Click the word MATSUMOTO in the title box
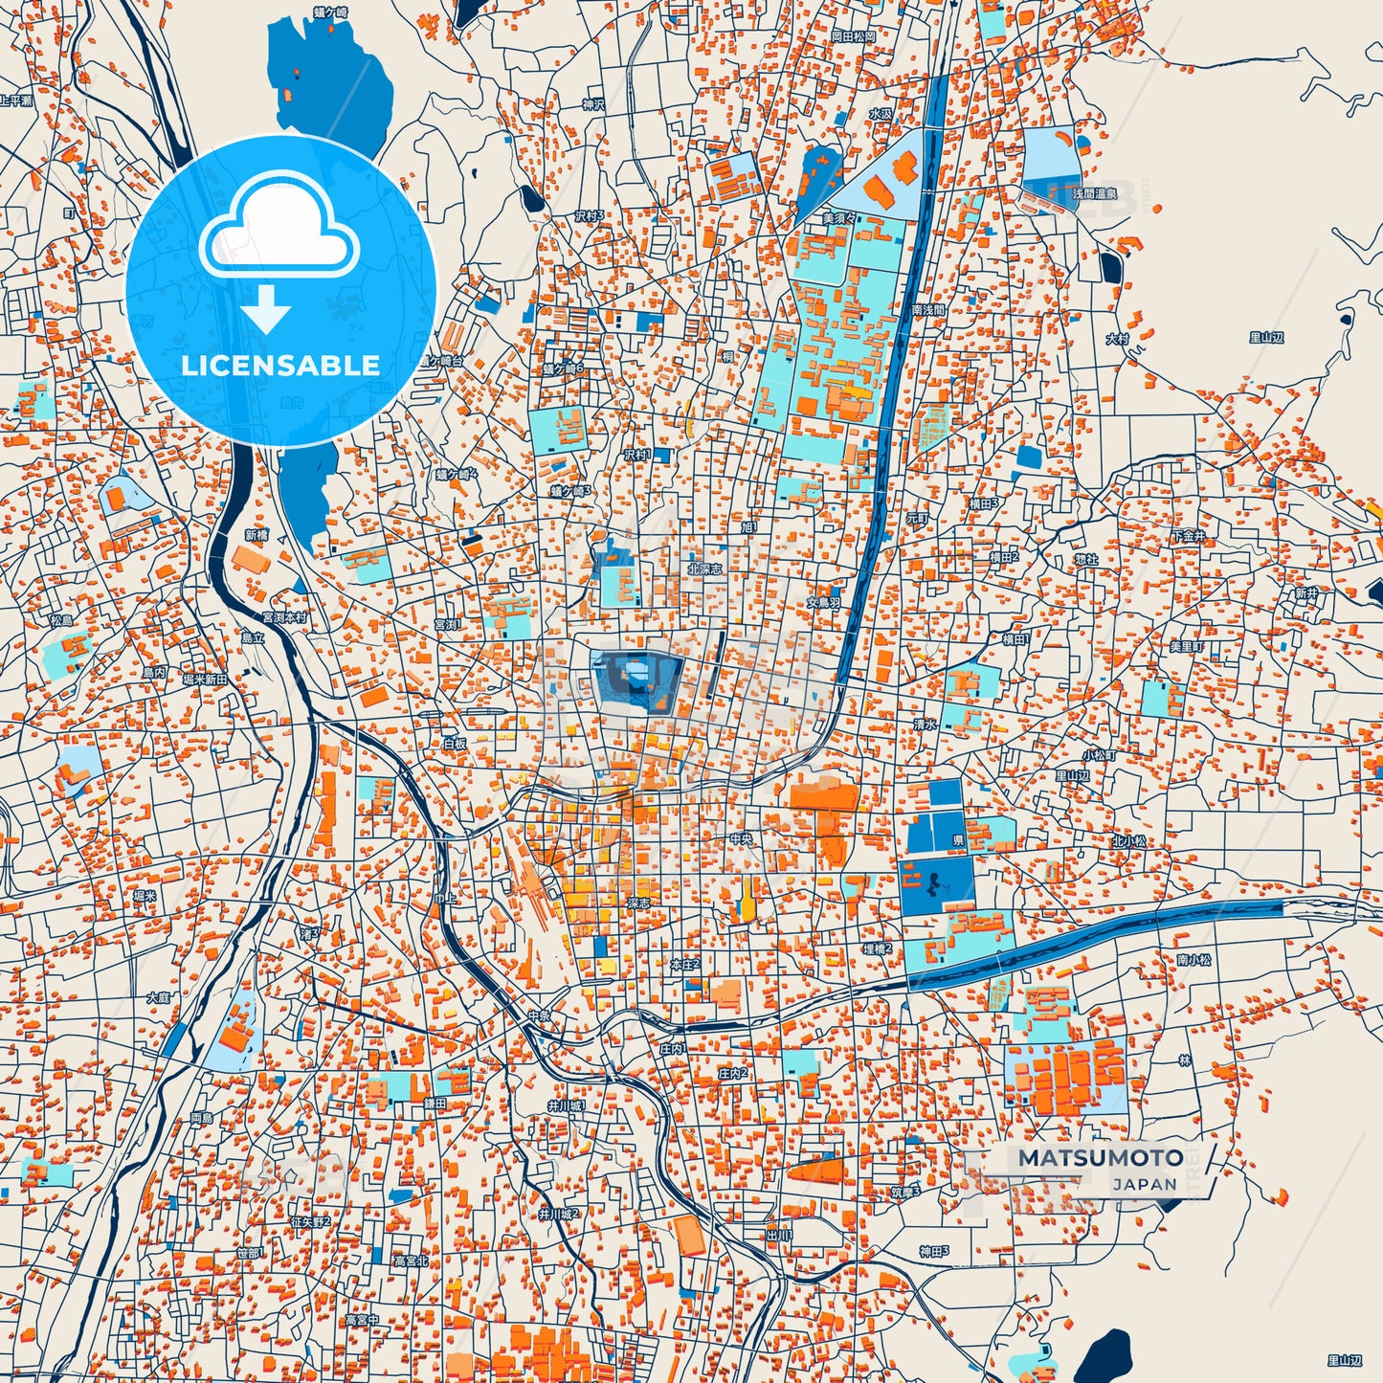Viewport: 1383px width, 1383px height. (x=1100, y=1157)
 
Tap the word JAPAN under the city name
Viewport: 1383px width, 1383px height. (x=1144, y=1184)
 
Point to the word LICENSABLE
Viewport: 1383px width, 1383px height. (x=280, y=365)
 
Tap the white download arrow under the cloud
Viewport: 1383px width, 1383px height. (x=265, y=308)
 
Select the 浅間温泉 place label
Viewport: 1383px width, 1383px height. (x=1093, y=193)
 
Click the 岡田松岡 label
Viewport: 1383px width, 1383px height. (x=853, y=36)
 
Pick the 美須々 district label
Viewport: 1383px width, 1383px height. (x=839, y=218)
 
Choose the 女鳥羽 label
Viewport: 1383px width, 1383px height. (x=822, y=603)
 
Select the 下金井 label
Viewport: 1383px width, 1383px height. (x=1188, y=536)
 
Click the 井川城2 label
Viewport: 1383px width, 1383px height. (x=557, y=1214)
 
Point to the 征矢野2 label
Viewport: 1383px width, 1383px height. (x=310, y=1221)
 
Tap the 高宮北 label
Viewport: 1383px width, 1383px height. (x=412, y=1261)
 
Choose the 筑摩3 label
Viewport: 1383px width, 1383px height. (x=904, y=1192)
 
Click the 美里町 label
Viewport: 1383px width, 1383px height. (x=1186, y=646)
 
